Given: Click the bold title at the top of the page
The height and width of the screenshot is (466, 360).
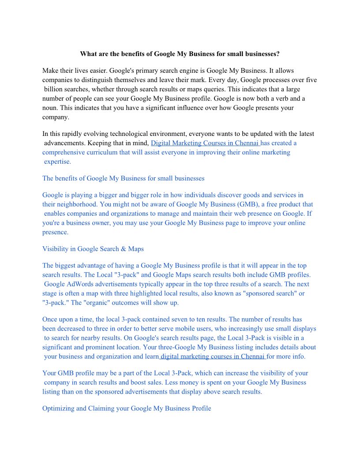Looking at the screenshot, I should (180, 54).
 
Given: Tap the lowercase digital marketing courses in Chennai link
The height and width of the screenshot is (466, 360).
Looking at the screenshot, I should (214, 356).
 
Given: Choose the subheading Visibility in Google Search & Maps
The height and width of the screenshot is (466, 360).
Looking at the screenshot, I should (93, 249).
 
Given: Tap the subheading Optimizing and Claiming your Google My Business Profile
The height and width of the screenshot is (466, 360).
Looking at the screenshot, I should (127, 409).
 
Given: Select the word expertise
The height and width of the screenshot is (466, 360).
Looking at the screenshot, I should (57, 162).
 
